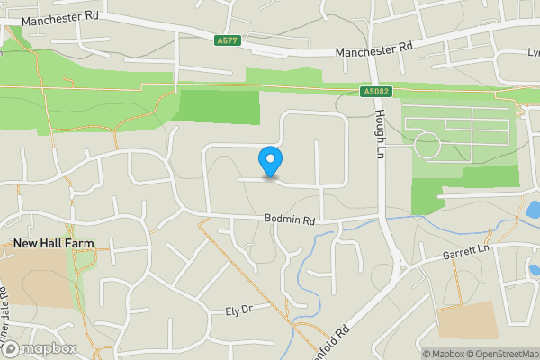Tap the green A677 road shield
pos(229,40)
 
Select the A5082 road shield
pos(375,91)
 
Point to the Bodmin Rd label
pos(291,220)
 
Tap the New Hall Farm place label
pos(53,244)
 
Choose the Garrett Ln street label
pos(465,255)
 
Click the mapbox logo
pos(39,348)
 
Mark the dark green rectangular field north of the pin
pos(220,106)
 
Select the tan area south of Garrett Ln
pos(467,319)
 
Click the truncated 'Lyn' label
pos(532,53)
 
